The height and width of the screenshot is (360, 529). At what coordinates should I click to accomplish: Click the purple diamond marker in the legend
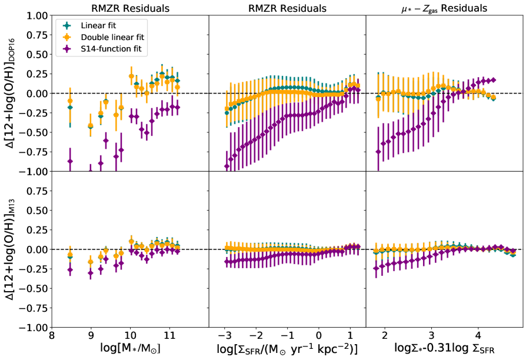click(x=66, y=48)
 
